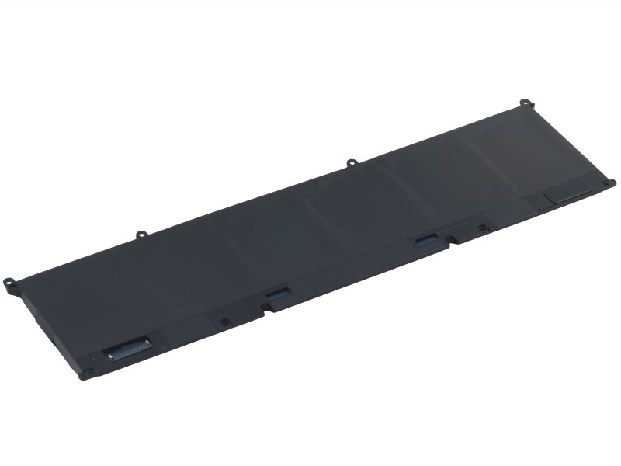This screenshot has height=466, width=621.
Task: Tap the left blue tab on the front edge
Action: pos(278,294)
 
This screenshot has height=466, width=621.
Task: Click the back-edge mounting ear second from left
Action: pos(141,233)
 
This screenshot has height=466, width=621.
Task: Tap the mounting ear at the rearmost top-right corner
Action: pos(525,102)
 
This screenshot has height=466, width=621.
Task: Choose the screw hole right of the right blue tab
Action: pos(481,228)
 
